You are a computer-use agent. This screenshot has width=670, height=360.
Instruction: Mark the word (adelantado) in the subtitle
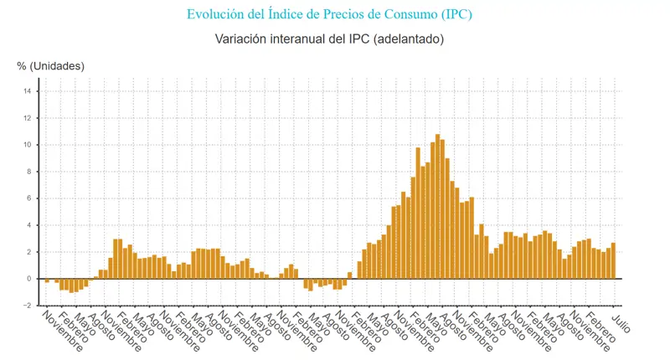pos(407,39)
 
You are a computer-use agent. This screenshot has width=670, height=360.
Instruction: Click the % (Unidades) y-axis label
pos(50,66)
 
